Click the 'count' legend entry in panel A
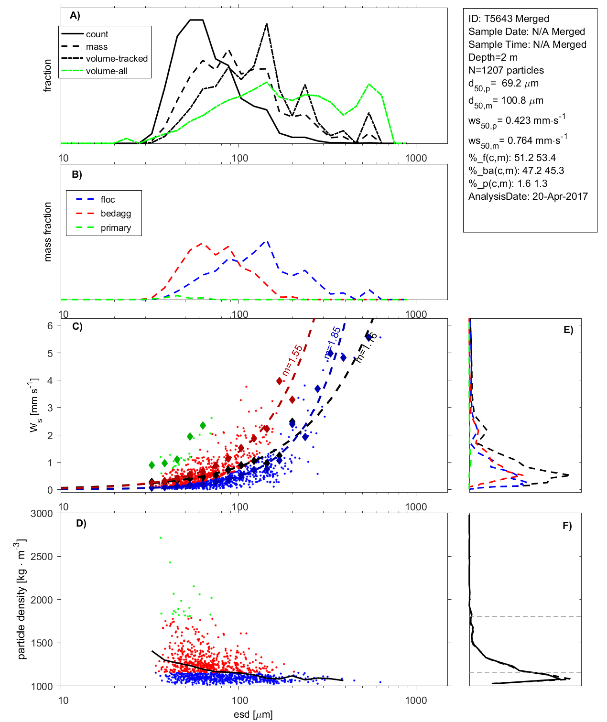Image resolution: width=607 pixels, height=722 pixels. [x=97, y=34]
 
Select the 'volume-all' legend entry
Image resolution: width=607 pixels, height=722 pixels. [x=107, y=71]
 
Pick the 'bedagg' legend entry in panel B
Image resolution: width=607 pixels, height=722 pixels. [x=116, y=214]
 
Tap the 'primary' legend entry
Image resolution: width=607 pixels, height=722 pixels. [x=116, y=228]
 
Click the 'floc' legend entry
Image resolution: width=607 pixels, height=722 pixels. [x=108, y=200]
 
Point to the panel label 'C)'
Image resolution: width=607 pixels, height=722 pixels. [x=77, y=327]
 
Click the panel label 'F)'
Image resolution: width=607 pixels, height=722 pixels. [x=567, y=526]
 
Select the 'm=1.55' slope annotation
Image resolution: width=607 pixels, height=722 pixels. [x=292, y=360]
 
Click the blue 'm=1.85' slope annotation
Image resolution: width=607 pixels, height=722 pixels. [x=333, y=342]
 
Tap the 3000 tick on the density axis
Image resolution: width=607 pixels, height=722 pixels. [x=42, y=514]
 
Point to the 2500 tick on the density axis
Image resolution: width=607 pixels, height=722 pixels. [x=42, y=557]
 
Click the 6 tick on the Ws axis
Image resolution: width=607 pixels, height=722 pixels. [x=50, y=325]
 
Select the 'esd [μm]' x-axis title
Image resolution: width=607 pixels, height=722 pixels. [x=253, y=715]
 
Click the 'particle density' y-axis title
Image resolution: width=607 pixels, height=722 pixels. [x=22, y=599]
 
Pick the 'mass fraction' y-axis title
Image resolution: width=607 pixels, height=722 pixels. [x=47, y=232]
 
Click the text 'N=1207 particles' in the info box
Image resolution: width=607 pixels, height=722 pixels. [x=506, y=70]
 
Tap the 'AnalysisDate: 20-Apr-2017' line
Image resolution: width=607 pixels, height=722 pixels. [x=528, y=196]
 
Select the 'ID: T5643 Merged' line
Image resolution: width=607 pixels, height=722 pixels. [x=509, y=19]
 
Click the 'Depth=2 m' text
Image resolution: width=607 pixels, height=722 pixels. [x=493, y=57]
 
